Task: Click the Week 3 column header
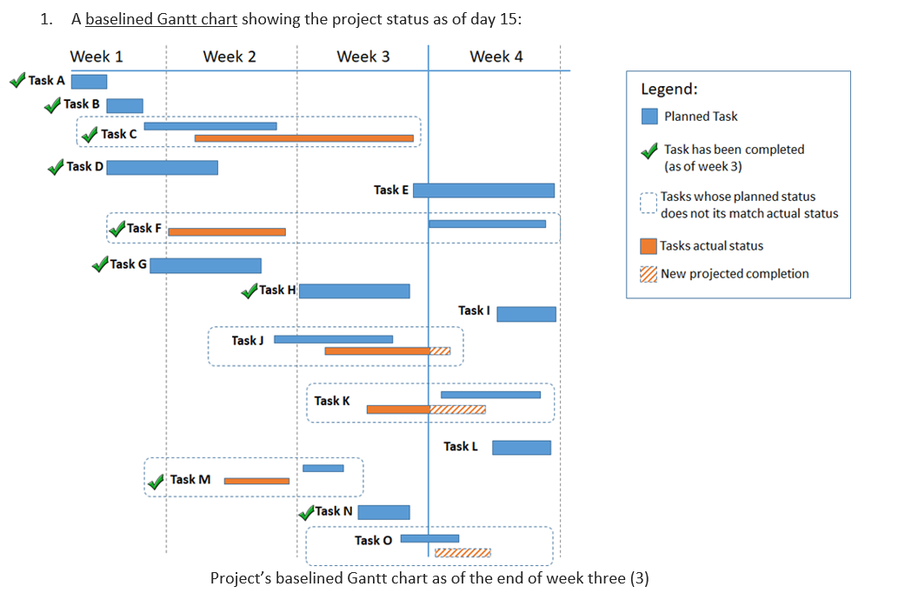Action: coord(363,57)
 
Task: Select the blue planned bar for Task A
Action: coord(89,82)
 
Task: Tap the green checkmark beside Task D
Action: coord(56,167)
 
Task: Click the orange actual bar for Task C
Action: coord(303,138)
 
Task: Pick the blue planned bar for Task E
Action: coord(483,190)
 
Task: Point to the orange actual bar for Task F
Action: coord(226,232)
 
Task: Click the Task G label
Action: coord(128,264)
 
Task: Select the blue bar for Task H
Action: coord(354,290)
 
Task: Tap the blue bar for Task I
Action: coord(526,314)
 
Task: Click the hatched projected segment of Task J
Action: coord(440,351)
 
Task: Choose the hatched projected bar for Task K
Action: coord(457,410)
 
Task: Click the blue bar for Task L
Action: coord(522,448)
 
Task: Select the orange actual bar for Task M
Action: coord(256,481)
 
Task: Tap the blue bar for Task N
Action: coord(383,512)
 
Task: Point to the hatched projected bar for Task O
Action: coord(462,553)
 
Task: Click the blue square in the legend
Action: coord(649,117)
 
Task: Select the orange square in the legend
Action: coord(649,246)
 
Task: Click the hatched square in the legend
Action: coord(649,274)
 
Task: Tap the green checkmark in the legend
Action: coord(649,151)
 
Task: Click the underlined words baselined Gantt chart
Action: coord(161,20)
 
